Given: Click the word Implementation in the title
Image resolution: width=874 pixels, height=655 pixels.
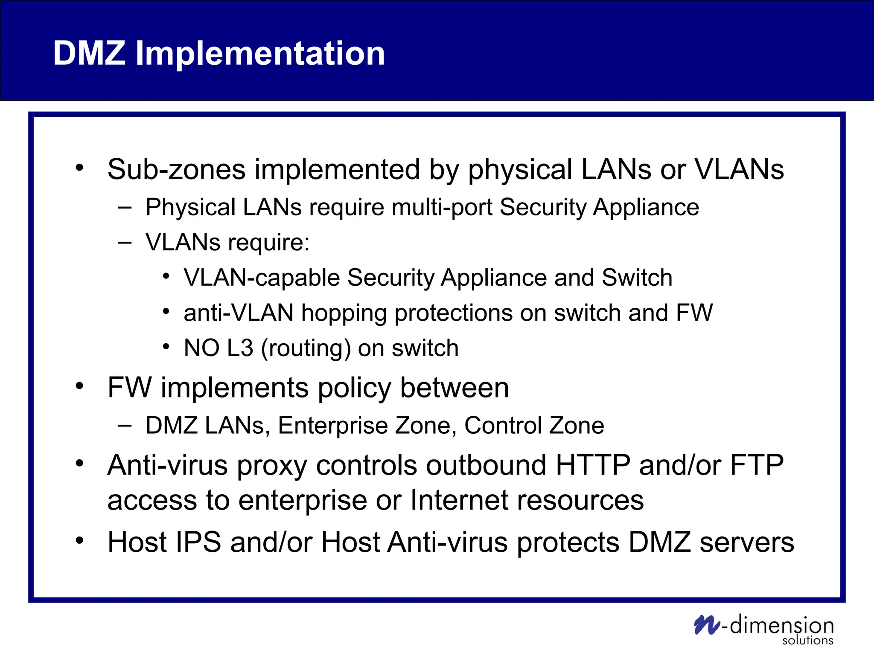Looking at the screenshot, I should tap(260, 54).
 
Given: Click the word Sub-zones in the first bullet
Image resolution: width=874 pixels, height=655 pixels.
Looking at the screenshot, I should tap(176, 169).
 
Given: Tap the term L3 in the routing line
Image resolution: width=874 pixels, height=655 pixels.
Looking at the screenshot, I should tap(240, 348).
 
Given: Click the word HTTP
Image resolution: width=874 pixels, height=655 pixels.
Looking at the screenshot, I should tap(593, 465).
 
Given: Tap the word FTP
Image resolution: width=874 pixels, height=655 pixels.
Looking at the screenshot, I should tap(757, 465).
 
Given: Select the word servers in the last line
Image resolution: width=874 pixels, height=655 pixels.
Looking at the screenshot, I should tap(747, 542).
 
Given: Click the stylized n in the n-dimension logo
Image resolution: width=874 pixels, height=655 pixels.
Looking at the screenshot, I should tap(706, 625).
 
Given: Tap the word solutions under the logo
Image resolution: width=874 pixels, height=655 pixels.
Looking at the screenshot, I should tap(807, 641).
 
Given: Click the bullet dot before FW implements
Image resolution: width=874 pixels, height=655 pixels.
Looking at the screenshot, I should tap(79, 386).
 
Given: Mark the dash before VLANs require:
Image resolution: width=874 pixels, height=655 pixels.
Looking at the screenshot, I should tap(125, 243).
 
